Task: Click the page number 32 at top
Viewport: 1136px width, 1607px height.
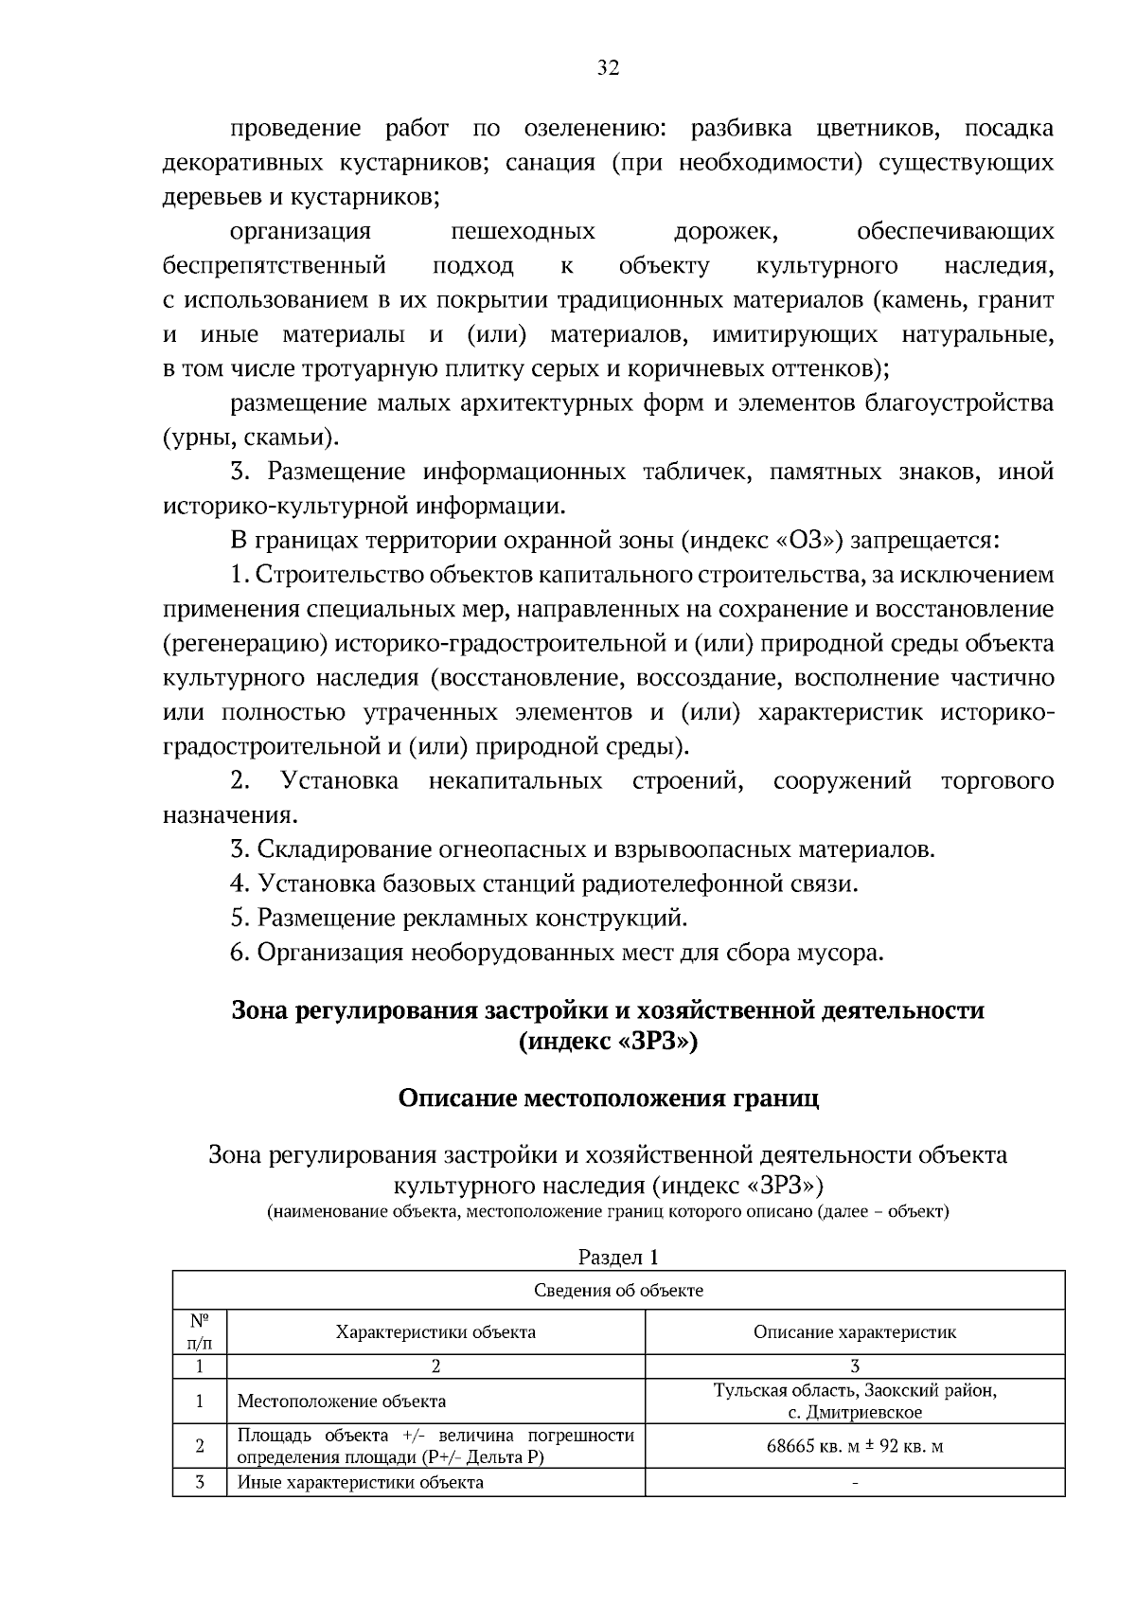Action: (x=608, y=67)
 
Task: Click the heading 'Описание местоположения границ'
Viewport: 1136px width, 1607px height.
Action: (x=608, y=1098)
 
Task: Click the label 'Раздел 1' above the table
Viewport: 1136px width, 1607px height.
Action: (x=617, y=1257)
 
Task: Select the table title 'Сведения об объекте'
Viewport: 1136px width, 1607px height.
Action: (x=618, y=1290)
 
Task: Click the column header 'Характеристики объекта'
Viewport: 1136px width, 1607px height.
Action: (x=435, y=1331)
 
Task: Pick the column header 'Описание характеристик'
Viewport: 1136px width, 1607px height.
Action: (x=854, y=1331)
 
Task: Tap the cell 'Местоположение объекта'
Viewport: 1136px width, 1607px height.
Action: (x=341, y=1401)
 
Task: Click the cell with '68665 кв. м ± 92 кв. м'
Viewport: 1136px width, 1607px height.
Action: (x=854, y=1447)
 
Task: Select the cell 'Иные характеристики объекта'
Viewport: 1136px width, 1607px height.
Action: (x=360, y=1482)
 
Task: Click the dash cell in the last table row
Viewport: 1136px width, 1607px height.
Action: (x=854, y=1483)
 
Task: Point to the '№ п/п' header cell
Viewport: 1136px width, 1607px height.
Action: (x=200, y=1331)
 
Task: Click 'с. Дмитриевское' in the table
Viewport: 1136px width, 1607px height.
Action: (x=854, y=1412)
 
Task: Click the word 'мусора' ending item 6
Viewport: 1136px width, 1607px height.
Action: (x=846, y=952)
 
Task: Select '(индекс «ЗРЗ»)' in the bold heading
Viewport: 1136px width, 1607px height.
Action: (x=608, y=1043)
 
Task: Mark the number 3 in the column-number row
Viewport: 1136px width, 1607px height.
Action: (x=854, y=1366)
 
